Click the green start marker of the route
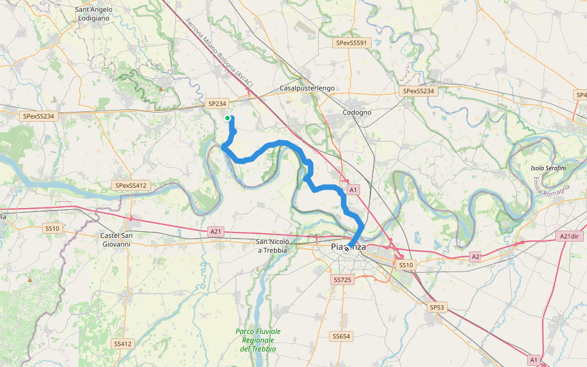pyautogui.click(x=227, y=118)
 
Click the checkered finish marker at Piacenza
pyautogui.click(x=347, y=248)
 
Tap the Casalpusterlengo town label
pyautogui.click(x=307, y=88)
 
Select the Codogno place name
pyautogui.click(x=357, y=113)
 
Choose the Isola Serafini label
pyautogui.click(x=548, y=168)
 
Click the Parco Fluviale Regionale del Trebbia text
pyautogui.click(x=258, y=340)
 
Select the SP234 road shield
pyautogui.click(x=217, y=104)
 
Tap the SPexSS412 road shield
pyautogui.click(x=131, y=185)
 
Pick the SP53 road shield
pyautogui.click(x=436, y=307)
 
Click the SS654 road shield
pyautogui.click(x=341, y=336)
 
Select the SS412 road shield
pyautogui.click(x=122, y=344)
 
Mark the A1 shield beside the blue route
pyautogui.click(x=352, y=190)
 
